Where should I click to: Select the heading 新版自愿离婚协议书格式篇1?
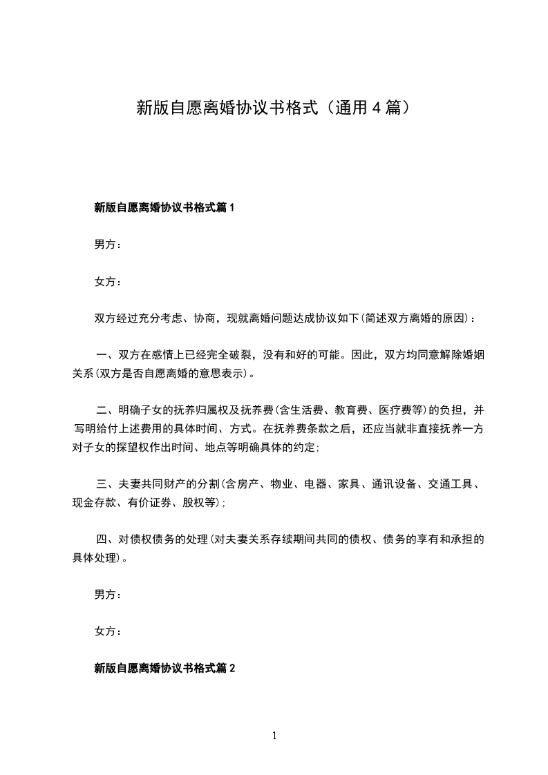164,207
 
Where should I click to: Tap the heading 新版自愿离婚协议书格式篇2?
164,668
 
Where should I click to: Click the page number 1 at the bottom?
274,736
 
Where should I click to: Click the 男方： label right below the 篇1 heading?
107,245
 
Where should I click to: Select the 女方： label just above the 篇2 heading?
107,631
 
